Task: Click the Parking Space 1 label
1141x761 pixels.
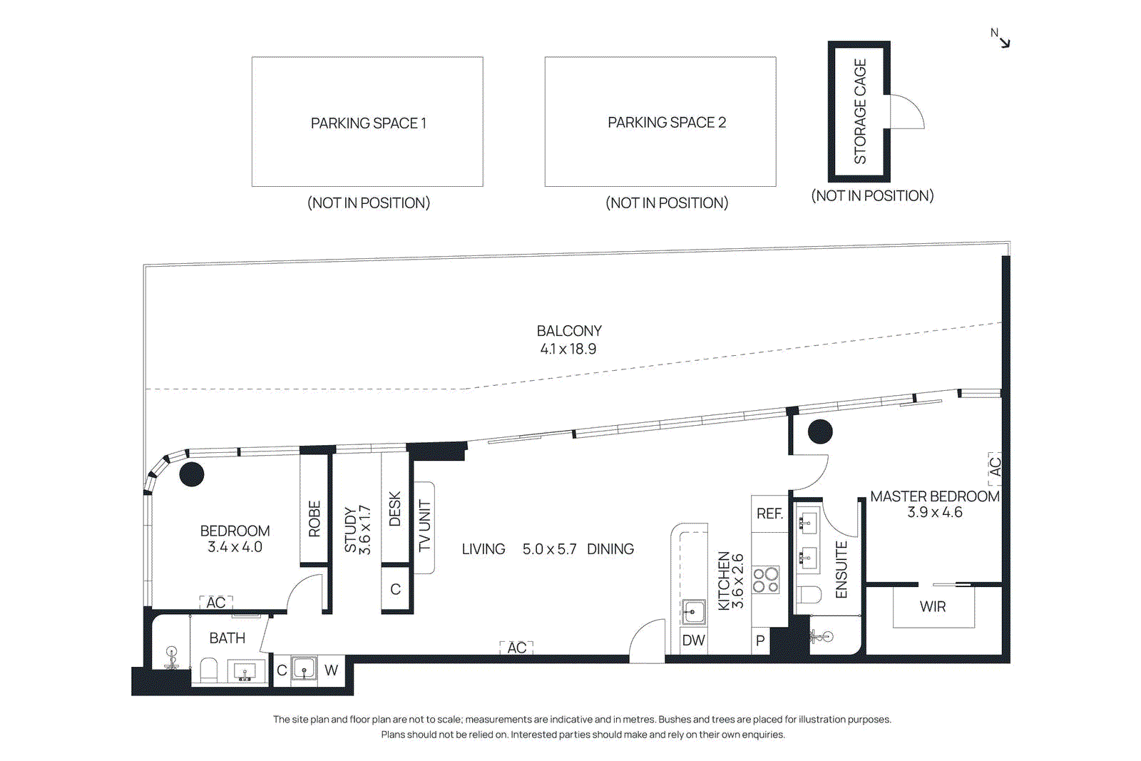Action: pos(368,123)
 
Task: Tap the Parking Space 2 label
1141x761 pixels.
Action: pos(667,123)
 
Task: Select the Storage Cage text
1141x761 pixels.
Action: pos(860,111)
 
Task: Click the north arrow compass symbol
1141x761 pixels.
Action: pos(1001,39)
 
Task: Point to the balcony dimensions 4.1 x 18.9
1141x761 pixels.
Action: pos(568,349)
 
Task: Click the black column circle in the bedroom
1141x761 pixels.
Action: pos(192,474)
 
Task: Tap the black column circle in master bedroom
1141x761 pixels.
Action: pos(820,431)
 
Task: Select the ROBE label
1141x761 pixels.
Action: pos(314,519)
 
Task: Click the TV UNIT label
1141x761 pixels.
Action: pos(425,526)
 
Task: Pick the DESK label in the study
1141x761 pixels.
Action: pos(395,509)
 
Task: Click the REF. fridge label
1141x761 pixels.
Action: pos(769,514)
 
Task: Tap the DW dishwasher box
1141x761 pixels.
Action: pos(693,640)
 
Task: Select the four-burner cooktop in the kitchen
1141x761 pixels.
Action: pos(766,580)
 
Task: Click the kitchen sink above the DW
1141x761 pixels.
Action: pos(693,612)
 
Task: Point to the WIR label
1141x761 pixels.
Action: pos(933,607)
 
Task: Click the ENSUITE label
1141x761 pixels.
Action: pos(841,570)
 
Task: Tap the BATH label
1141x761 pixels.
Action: pos(227,638)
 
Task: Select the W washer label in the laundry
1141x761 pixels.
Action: pos(331,670)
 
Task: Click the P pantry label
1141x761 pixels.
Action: pos(760,640)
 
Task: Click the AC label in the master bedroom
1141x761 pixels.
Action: pos(995,467)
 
